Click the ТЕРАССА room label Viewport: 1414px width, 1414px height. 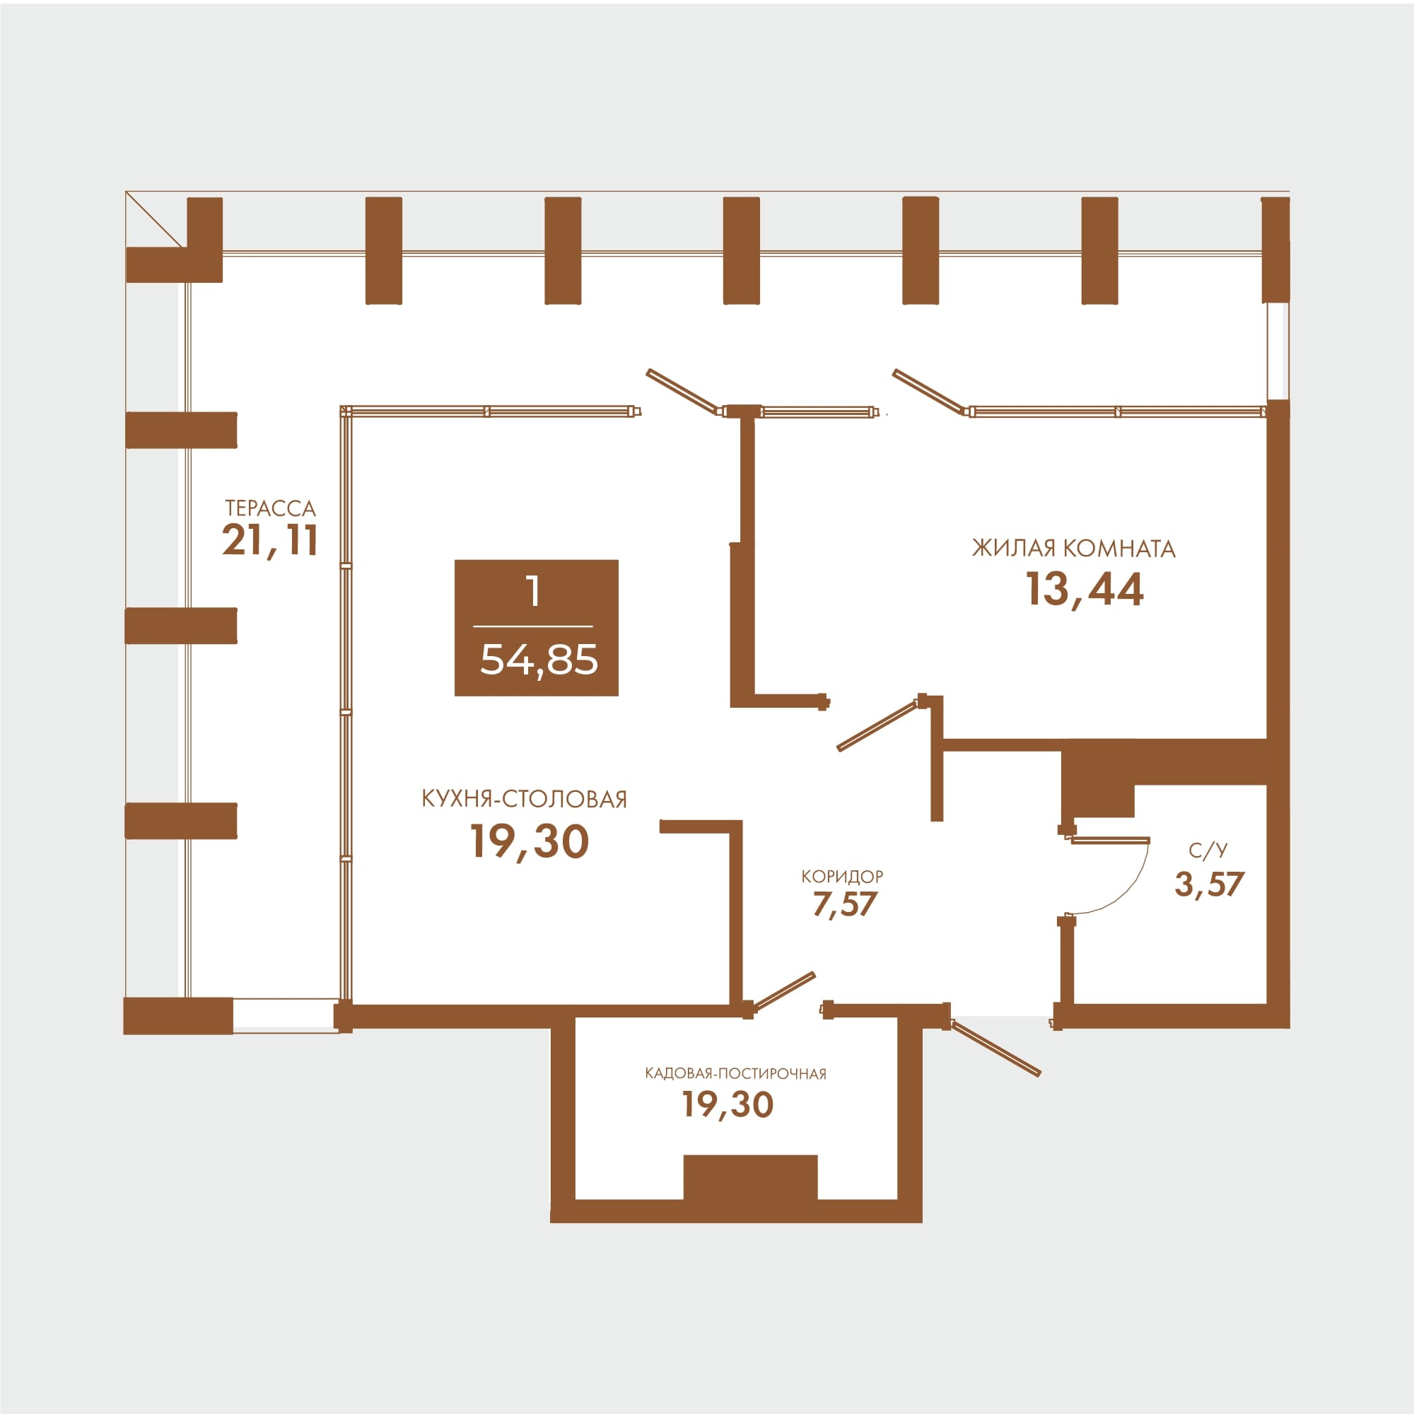tap(270, 508)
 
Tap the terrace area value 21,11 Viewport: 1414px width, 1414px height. tap(270, 542)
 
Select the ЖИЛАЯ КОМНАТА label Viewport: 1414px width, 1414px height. tap(1074, 548)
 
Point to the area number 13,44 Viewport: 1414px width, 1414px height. tap(1084, 589)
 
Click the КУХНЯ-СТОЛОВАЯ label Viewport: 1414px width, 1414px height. tap(524, 798)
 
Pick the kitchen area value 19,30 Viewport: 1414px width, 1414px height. tap(529, 841)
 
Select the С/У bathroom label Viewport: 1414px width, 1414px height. tap(1208, 850)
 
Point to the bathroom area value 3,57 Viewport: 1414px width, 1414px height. tap(1209, 884)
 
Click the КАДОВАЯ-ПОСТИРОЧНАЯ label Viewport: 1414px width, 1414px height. tap(735, 1074)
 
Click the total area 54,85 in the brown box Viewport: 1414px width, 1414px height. tap(539, 660)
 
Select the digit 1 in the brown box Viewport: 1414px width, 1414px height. tap(534, 590)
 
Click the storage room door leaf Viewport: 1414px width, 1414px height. tap(783, 992)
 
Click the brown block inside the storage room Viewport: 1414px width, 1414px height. tap(750, 1177)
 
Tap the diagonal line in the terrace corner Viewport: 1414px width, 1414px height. tap(153, 219)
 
